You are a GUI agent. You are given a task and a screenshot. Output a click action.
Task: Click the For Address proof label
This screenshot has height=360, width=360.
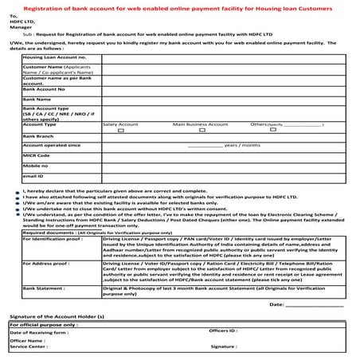click(47, 262)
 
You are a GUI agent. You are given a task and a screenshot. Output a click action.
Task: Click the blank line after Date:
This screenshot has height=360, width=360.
click(314, 305)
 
